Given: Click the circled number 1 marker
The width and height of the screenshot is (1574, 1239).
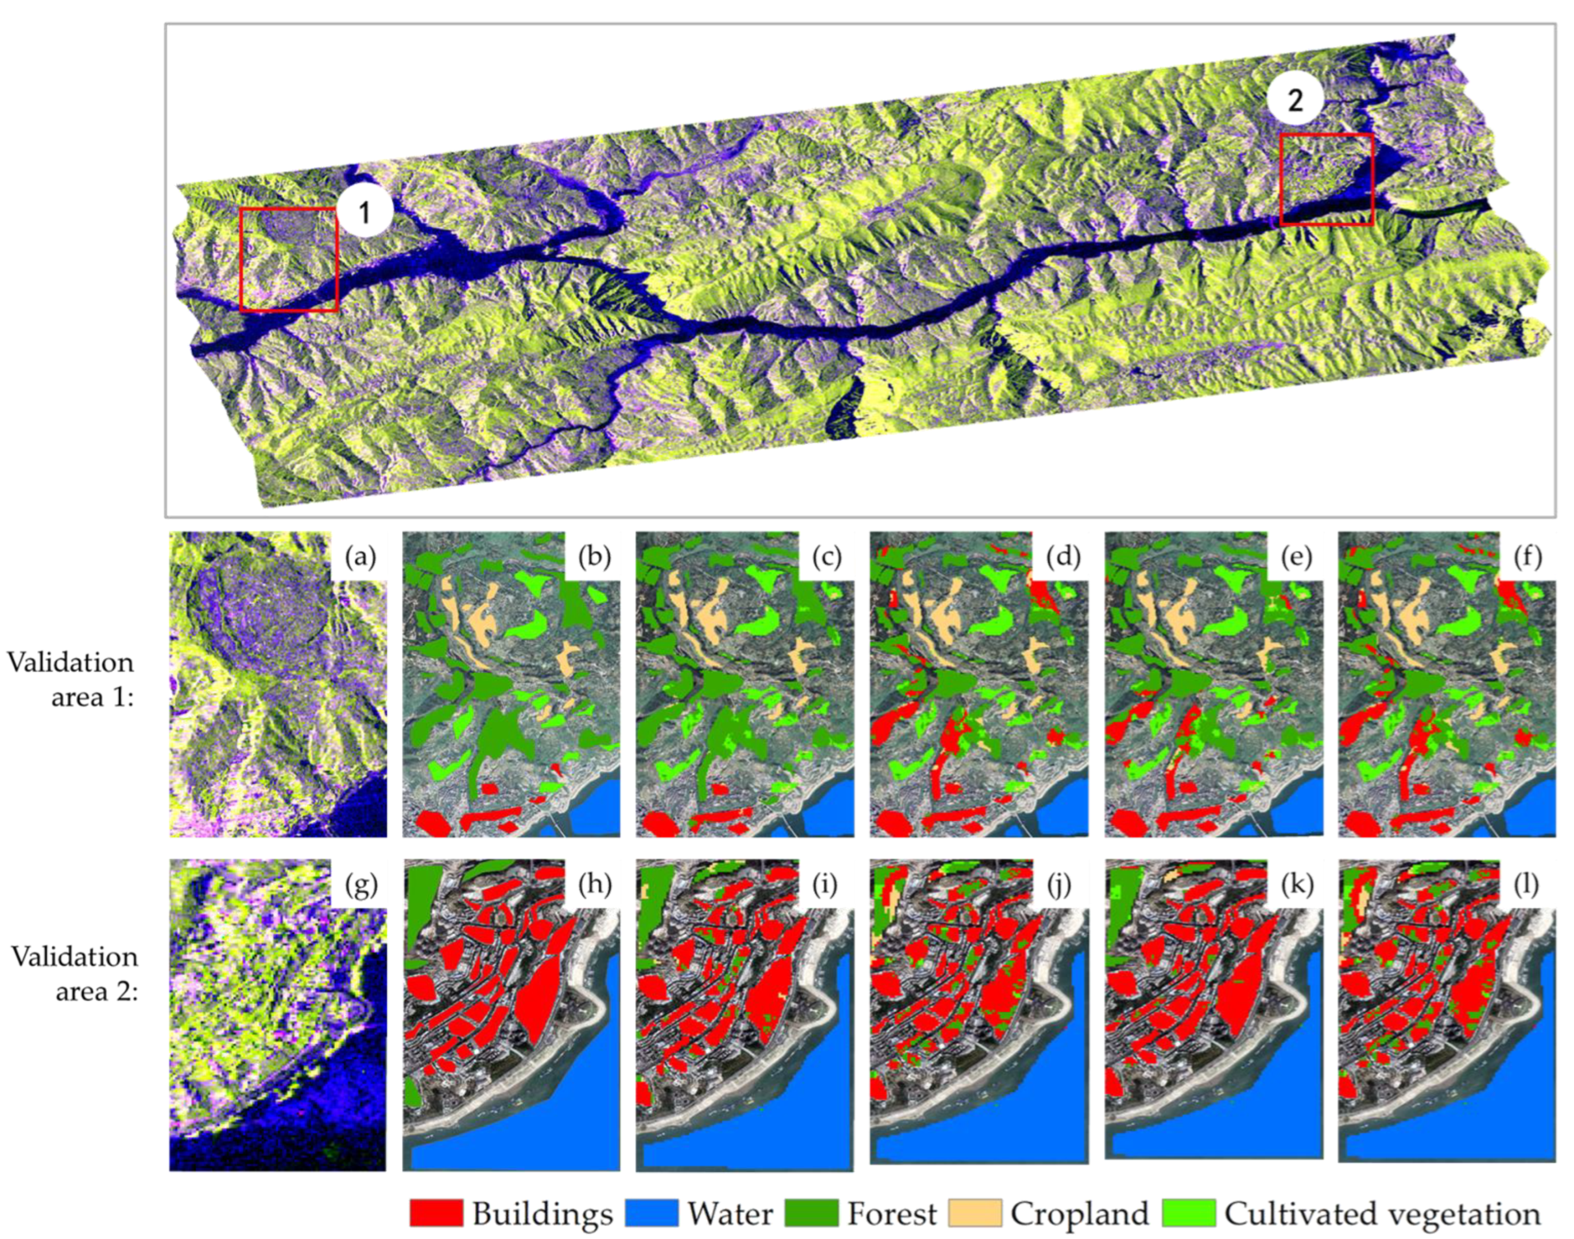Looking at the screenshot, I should (x=365, y=212).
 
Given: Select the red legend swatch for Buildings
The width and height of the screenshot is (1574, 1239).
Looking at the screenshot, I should (x=436, y=1213).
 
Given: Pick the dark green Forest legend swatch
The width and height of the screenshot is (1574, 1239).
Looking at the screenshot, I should (x=811, y=1213).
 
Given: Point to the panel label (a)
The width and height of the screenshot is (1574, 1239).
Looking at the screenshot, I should (x=360, y=557).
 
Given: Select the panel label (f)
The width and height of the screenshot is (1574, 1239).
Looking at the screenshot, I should (x=1528, y=557).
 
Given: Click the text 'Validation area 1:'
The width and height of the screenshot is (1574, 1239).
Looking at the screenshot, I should (x=71, y=679).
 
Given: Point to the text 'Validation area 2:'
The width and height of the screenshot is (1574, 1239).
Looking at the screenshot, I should (x=75, y=973).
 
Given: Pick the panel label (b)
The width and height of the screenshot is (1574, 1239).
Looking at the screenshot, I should (x=594, y=557).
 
